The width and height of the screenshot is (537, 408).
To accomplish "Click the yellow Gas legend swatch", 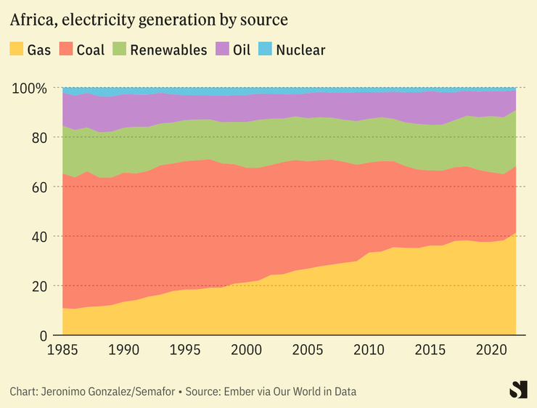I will click(x=16, y=50).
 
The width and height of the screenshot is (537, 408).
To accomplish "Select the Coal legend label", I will click(x=90, y=50).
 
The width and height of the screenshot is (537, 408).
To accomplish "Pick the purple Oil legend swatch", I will click(x=222, y=50).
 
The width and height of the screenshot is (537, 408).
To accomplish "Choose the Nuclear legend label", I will click(x=300, y=50).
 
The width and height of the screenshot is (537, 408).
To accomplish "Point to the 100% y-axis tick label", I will click(x=30, y=88).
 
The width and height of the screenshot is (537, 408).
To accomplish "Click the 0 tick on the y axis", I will click(x=44, y=335).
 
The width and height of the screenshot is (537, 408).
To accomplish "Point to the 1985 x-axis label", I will click(x=62, y=351).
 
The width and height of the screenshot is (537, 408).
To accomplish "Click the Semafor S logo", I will click(x=517, y=389).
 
